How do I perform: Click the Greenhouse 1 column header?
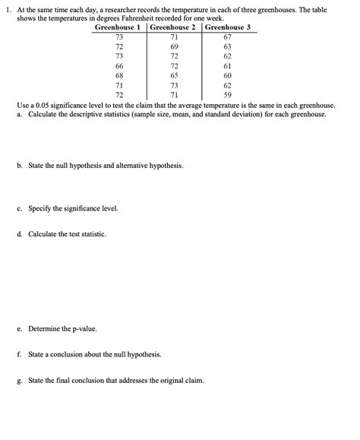tap(119, 27)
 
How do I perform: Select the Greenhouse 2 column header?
tap(173, 27)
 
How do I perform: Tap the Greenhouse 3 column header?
tap(227, 27)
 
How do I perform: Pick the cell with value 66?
tap(119, 67)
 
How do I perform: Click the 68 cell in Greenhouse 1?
tap(119, 76)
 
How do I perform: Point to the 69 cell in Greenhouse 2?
tap(174, 47)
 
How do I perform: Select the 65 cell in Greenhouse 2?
tap(174, 76)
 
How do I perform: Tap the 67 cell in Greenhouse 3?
tap(227, 37)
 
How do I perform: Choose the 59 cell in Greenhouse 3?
tap(227, 96)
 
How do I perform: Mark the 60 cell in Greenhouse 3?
tap(227, 76)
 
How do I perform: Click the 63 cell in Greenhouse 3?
tap(227, 47)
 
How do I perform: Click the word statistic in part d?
tap(93, 234)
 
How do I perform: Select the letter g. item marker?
tap(19, 379)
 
